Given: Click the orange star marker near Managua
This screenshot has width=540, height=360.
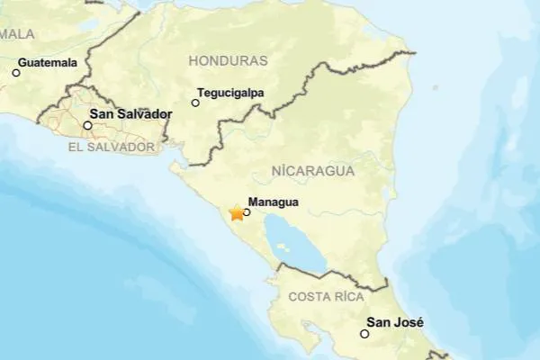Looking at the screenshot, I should point(237,212).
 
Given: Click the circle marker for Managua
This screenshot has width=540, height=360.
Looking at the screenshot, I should point(247,213).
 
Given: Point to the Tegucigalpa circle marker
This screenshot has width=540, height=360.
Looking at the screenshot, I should point(195,103).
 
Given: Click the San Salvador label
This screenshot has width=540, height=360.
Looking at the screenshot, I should point(131,115).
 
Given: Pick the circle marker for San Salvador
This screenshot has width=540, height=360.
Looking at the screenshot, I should point(87,125).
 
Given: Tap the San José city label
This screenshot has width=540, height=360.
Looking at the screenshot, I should point(395,322).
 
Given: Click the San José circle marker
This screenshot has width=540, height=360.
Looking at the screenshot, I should point(364,334).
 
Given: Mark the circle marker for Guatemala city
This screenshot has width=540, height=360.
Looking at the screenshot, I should point(15,73).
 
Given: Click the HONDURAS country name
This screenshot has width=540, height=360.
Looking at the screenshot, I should point(229,60).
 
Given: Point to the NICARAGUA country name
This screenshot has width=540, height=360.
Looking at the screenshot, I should point(313,169).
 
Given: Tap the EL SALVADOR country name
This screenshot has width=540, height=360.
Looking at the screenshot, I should point(112,146).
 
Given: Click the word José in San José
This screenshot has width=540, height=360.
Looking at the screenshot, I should point(408,322).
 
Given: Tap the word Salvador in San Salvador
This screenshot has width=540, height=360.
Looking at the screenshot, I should point(145,115).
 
